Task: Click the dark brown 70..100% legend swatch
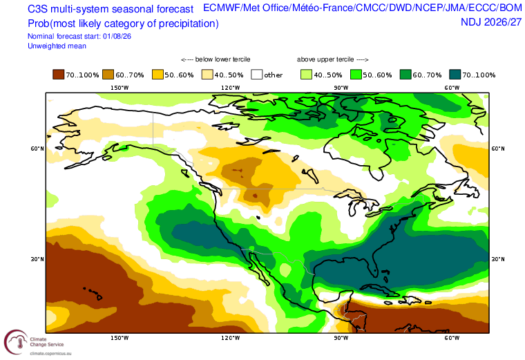tap(58, 75)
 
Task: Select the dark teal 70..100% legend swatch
tap(455, 75)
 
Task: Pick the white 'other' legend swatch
tap(257, 75)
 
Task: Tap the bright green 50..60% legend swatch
tap(356, 75)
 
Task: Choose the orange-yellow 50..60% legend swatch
tap(157, 75)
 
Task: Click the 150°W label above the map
tap(120, 88)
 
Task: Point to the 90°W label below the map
tap(341, 338)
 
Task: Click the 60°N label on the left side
tap(37, 149)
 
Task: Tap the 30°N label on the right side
tap(498, 259)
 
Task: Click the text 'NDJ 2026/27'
tap(491, 22)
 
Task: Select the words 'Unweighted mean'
tap(57, 46)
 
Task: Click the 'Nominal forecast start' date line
tap(79, 36)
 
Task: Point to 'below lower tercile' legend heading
tap(216, 59)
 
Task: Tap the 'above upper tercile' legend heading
tap(332, 59)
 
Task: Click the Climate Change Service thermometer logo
tap(16, 341)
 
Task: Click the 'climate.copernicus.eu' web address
tap(50, 353)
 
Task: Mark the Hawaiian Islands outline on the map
tap(93, 293)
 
